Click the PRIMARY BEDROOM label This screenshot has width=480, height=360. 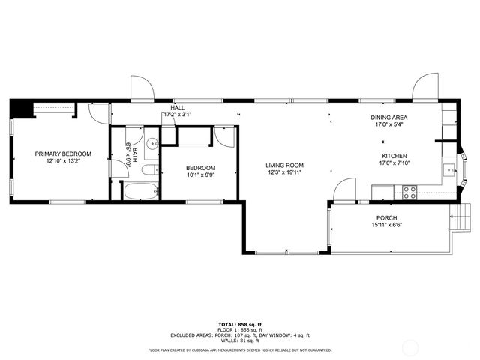(x=58, y=154)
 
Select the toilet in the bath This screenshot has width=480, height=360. (x=149, y=170)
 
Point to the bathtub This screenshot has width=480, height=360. (x=140, y=191)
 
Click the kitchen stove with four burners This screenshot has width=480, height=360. (x=410, y=192)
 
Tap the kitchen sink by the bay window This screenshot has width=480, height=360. (x=450, y=170)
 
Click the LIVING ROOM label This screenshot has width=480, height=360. (x=284, y=166)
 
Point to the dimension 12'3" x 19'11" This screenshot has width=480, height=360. (x=284, y=173)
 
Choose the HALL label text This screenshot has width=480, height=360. (x=177, y=108)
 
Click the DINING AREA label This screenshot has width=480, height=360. (x=389, y=118)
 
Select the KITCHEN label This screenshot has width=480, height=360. (x=394, y=156)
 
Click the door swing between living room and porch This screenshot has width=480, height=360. (x=344, y=190)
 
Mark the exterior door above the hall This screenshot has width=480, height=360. (x=142, y=88)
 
